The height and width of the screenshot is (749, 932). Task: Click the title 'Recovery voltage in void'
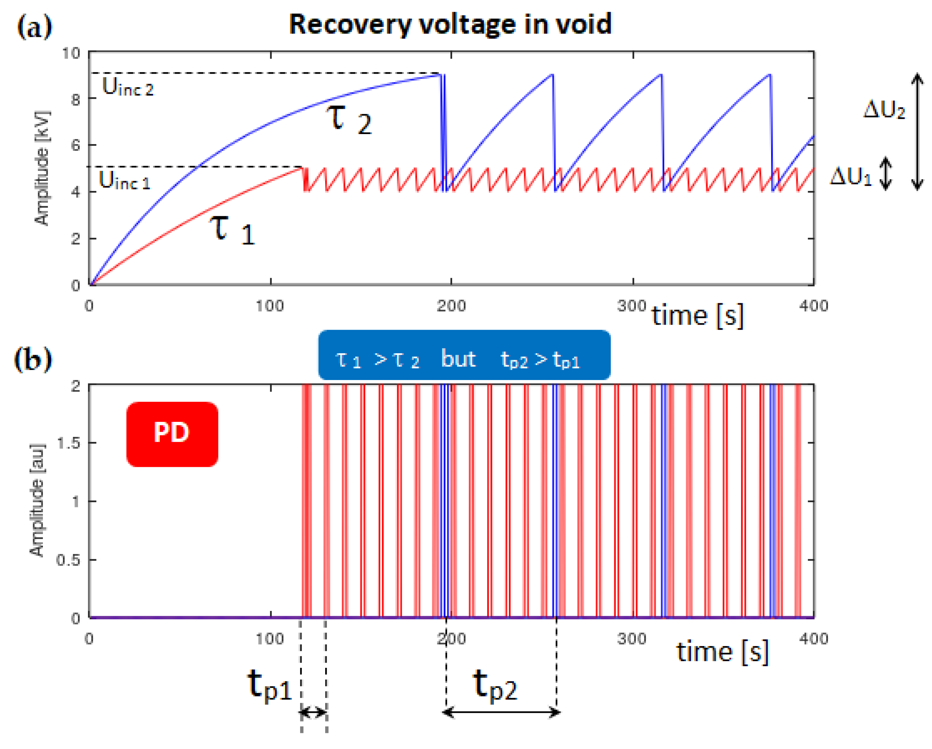pos(450,24)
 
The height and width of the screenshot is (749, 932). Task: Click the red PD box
pos(172,434)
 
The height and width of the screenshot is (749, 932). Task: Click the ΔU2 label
pos(884,110)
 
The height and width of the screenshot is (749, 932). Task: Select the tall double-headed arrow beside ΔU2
pos(917,132)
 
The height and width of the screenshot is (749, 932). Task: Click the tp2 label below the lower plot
pos(495,685)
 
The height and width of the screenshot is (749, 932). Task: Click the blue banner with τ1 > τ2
pos(464,355)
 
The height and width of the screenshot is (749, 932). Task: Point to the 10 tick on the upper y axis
pos(71,53)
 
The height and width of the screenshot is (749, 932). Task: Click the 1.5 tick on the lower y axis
pos(68,443)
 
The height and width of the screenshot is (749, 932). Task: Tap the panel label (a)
pos(35,27)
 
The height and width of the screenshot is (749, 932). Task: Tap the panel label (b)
pos(33,359)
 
